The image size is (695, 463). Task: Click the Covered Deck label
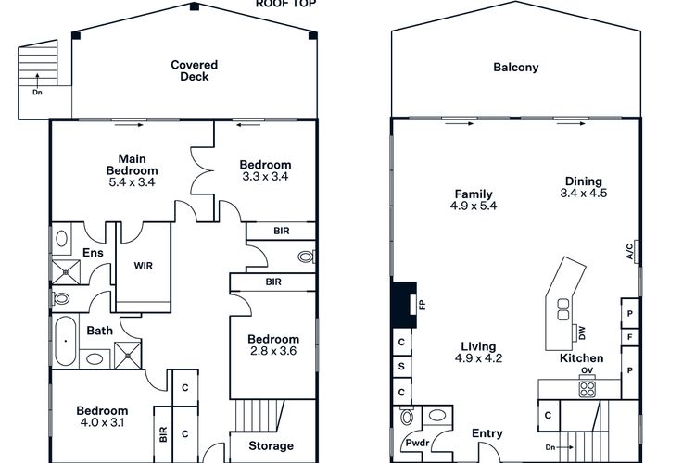click(195, 70)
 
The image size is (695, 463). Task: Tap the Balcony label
click(516, 68)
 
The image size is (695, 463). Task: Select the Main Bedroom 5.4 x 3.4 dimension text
click(132, 182)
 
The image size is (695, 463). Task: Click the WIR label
click(143, 266)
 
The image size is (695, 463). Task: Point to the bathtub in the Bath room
click(66, 341)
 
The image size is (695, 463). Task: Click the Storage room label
click(271, 445)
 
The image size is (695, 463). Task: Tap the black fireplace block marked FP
click(404, 305)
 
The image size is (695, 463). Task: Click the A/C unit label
click(630, 251)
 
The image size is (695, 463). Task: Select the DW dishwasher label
click(582, 332)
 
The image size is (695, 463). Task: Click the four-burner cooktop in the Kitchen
click(588, 389)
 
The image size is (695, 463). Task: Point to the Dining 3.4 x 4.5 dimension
click(583, 194)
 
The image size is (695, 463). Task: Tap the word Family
click(474, 194)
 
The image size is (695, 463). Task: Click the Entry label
click(487, 433)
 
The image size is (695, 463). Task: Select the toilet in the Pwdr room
click(407, 417)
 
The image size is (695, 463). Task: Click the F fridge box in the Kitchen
click(630, 337)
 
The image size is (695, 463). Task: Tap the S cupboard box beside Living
click(401, 367)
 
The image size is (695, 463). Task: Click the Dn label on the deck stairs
click(37, 93)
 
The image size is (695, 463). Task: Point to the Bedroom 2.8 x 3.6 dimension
click(273, 351)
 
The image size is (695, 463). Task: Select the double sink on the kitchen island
click(563, 309)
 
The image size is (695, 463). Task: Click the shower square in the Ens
click(67, 272)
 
